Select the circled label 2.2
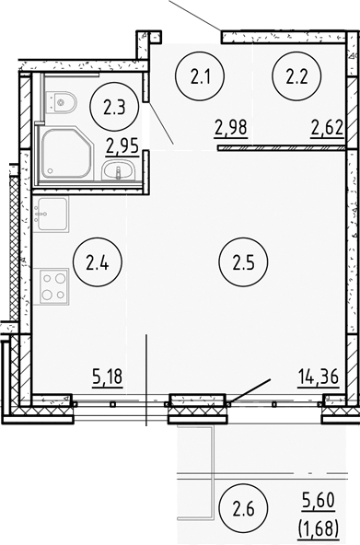296,76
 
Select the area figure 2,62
326,127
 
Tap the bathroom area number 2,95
123,144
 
